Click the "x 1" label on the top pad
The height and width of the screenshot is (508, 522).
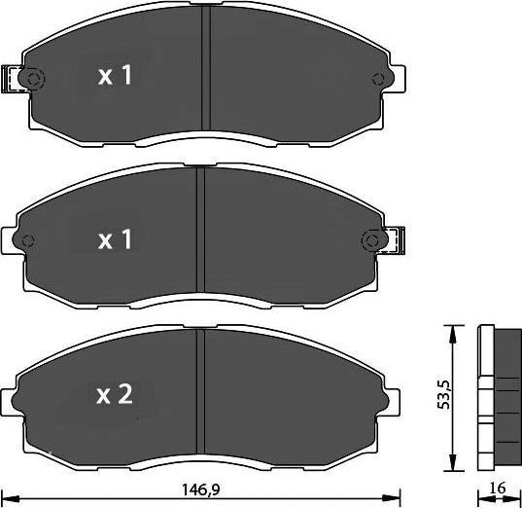coord(116,77)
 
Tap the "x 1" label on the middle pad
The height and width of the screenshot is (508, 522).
coord(116,239)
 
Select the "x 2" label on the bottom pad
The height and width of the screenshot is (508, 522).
coord(116,394)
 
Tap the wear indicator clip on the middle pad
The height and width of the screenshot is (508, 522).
coord(394,238)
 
